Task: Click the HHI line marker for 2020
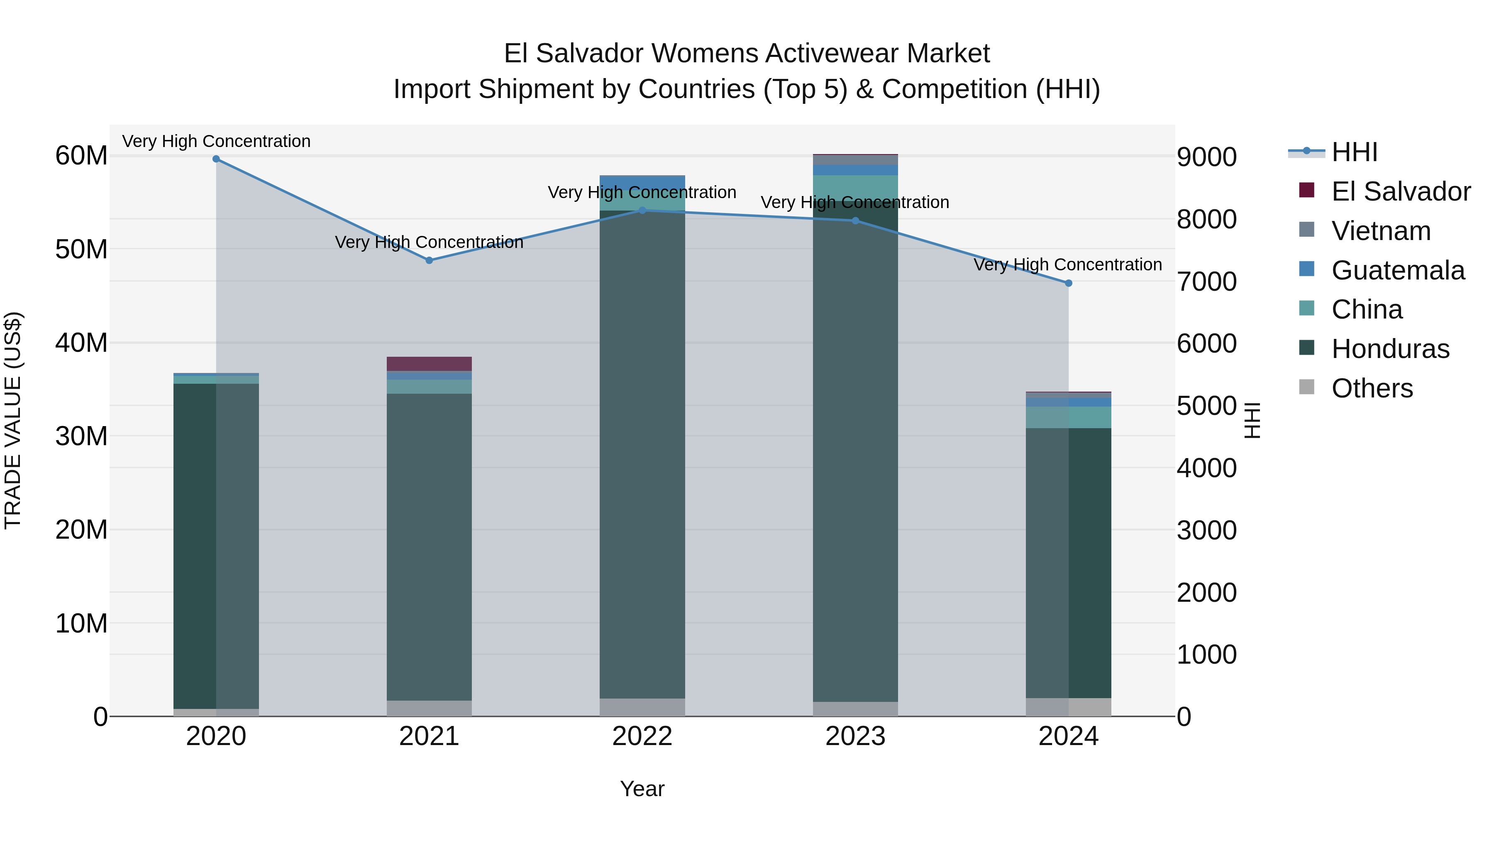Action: pyautogui.click(x=216, y=159)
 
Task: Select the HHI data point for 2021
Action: pyautogui.click(x=429, y=260)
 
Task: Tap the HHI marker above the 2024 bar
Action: pyautogui.click(x=1068, y=283)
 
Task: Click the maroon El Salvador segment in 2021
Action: pyautogui.click(x=429, y=364)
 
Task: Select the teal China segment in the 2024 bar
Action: pyautogui.click(x=1068, y=417)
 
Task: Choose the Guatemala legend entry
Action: pyautogui.click(x=1397, y=270)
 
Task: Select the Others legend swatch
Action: pyautogui.click(x=1307, y=387)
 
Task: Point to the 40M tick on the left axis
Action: pyautogui.click(x=81, y=343)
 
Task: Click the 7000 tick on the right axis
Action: pyautogui.click(x=1206, y=282)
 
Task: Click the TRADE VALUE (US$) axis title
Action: pyautogui.click(x=13, y=420)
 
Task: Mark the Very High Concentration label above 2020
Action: pyautogui.click(x=216, y=141)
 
